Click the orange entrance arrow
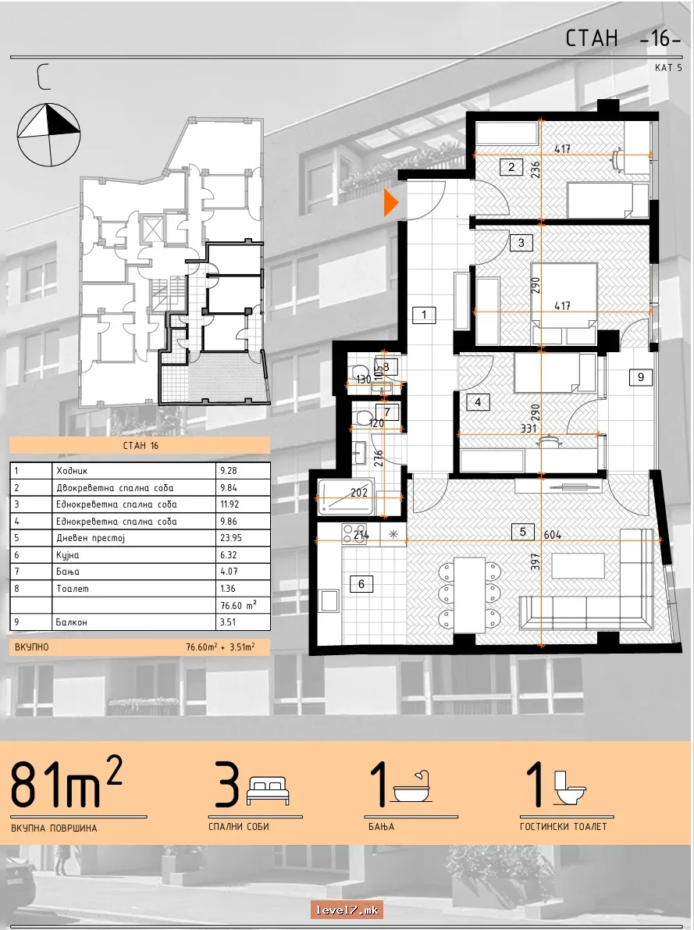pyautogui.click(x=391, y=203)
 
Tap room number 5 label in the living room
pyautogui.click(x=522, y=532)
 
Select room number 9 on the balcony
pyautogui.click(x=641, y=376)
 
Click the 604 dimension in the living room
pyautogui.click(x=552, y=534)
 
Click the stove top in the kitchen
pyautogui.click(x=354, y=534)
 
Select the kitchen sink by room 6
pyautogui.click(x=329, y=600)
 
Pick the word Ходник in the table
pyautogui.click(x=72, y=471)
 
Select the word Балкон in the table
pyautogui.click(x=72, y=622)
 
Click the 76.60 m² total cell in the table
pyautogui.click(x=243, y=606)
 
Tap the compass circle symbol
pyautogui.click(x=48, y=135)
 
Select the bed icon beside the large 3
pyautogui.click(x=268, y=791)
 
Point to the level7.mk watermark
pyautogui.click(x=347, y=910)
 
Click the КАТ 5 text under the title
pyautogui.click(x=668, y=68)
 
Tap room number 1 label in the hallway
pyautogui.click(x=424, y=315)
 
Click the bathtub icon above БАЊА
pyautogui.click(x=411, y=788)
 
